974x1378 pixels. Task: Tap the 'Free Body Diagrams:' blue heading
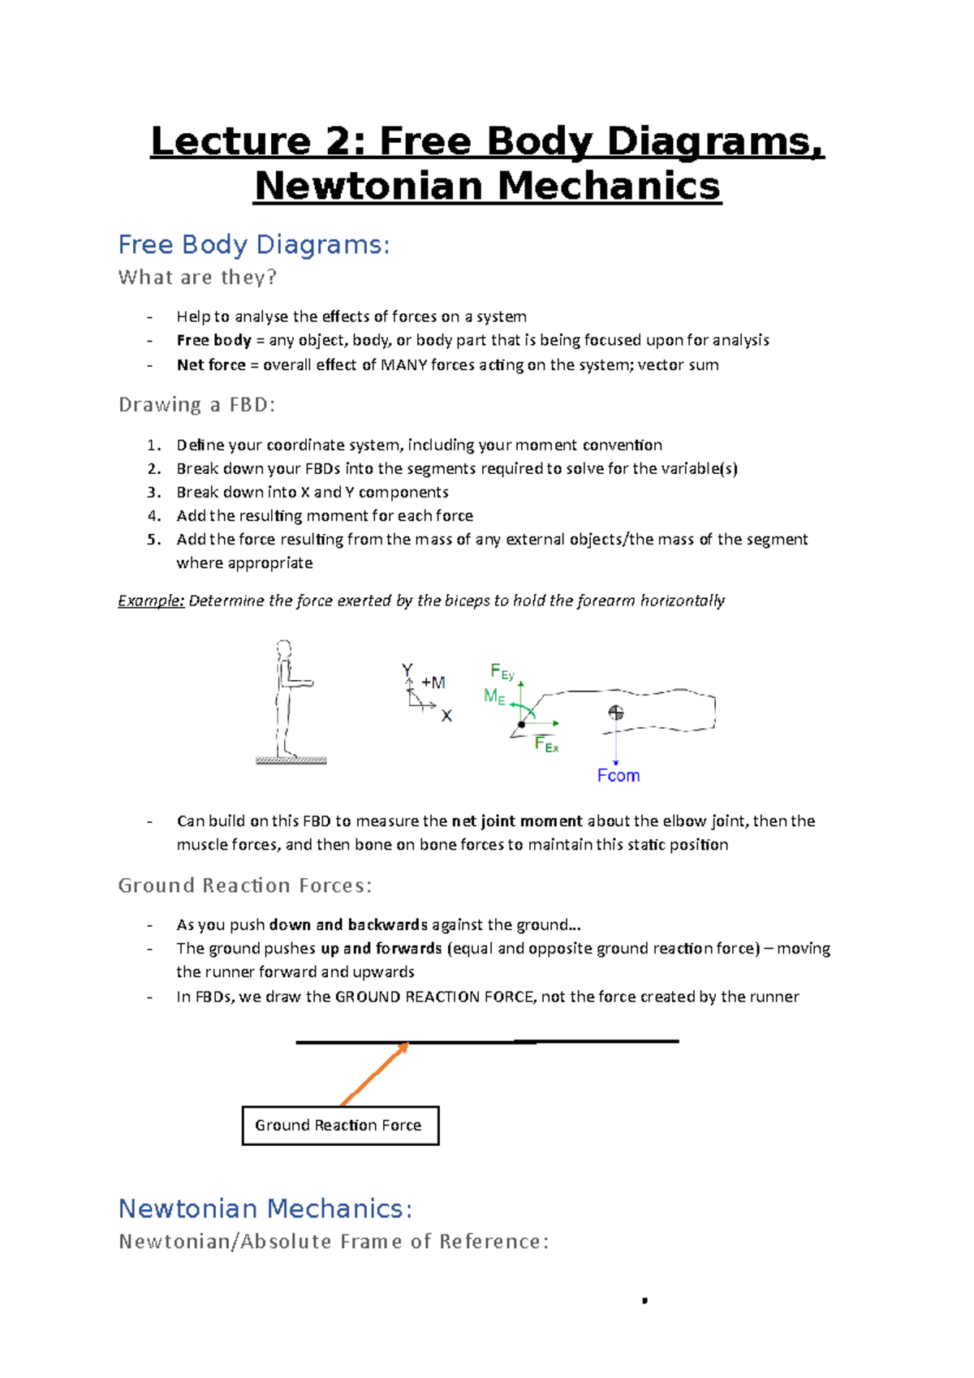pyautogui.click(x=254, y=244)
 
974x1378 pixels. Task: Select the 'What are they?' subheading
pyautogui.click(x=197, y=278)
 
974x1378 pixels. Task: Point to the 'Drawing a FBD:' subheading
pyautogui.click(x=196, y=405)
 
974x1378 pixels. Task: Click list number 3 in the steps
pyautogui.click(x=154, y=493)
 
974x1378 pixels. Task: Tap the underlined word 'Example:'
pyautogui.click(x=151, y=601)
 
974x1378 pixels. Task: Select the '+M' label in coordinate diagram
pyautogui.click(x=433, y=683)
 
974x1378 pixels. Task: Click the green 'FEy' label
pyautogui.click(x=502, y=671)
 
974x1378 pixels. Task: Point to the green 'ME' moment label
pyautogui.click(x=494, y=696)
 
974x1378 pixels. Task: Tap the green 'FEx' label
pyautogui.click(x=546, y=744)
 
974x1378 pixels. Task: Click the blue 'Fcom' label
pyautogui.click(x=618, y=776)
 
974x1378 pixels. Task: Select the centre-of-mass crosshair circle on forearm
pyautogui.click(x=616, y=713)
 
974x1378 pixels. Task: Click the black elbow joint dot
pyautogui.click(x=522, y=724)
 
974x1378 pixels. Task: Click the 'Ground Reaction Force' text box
pyautogui.click(x=339, y=1126)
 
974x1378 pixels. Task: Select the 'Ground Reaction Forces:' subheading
pyautogui.click(x=244, y=885)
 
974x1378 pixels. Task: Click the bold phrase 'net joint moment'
pyautogui.click(x=517, y=821)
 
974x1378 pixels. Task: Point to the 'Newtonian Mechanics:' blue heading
pyautogui.click(x=265, y=1208)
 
